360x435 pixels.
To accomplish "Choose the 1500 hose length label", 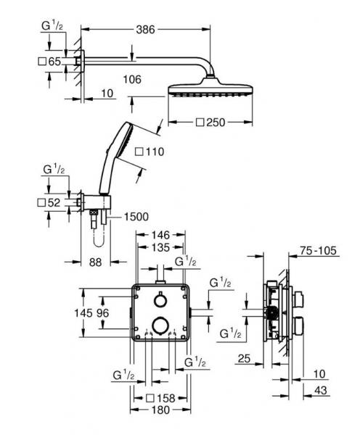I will [136, 217].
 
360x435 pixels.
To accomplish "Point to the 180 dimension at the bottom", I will [160, 411].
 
